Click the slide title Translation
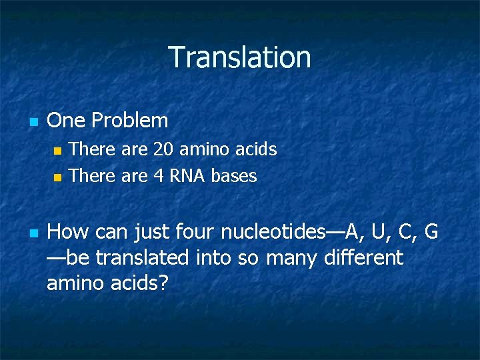(239, 57)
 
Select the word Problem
(130, 121)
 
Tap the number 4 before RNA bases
(159, 176)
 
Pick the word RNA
(187, 176)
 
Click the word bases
(234, 176)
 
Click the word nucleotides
(273, 232)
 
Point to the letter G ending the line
(431, 232)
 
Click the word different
(363, 258)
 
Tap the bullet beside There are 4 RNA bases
(57, 177)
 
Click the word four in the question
(196, 232)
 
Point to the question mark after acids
(163, 284)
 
